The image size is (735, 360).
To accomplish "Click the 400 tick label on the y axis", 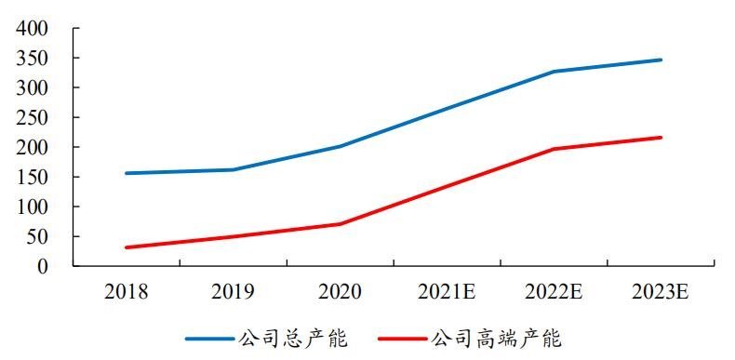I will (33, 28).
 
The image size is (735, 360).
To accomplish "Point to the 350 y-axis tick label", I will (33, 58).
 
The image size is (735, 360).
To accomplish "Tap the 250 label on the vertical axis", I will (33, 117).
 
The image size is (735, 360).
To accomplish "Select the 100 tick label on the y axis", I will (33, 207).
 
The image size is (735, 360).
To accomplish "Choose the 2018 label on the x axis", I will (127, 292).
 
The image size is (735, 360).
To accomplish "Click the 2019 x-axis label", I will (233, 292).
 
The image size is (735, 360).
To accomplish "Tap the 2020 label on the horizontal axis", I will (340, 292).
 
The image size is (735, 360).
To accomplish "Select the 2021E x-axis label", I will (447, 292).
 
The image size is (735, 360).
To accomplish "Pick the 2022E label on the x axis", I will (554, 292).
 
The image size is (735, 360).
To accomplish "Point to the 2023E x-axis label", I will (661, 292).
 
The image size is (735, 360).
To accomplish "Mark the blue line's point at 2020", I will (340, 146).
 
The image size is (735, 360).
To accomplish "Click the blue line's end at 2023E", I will (661, 60).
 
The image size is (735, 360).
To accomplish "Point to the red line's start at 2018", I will (127, 247).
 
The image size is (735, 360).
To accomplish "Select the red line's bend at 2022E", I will (554, 149).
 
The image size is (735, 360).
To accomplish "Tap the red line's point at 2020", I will (340, 224).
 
